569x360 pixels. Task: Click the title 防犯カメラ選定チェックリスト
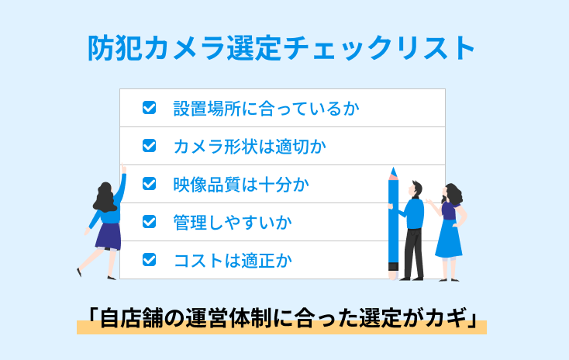(x=281, y=48)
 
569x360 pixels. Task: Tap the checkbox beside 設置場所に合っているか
(x=150, y=108)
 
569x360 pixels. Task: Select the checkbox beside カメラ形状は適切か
(x=150, y=145)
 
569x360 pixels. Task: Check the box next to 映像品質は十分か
(x=150, y=184)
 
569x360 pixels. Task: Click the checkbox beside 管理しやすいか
(x=150, y=222)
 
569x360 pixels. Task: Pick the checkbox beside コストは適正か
(x=150, y=260)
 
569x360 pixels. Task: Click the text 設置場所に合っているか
(x=266, y=108)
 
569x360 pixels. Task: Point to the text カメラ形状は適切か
(x=250, y=145)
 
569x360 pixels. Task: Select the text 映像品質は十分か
(x=241, y=184)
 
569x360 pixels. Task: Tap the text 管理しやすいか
(x=233, y=222)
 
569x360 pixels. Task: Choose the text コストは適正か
(x=233, y=260)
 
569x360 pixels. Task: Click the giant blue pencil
(x=393, y=225)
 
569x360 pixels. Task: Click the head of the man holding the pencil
(x=416, y=189)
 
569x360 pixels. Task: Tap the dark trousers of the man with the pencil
(x=413, y=252)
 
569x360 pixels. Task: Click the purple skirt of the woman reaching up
(x=109, y=234)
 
